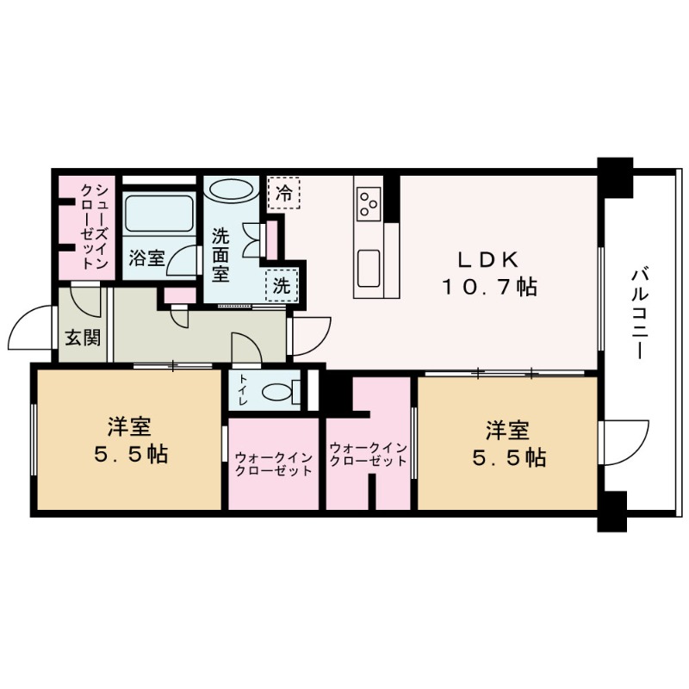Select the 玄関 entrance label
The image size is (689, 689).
tap(82, 336)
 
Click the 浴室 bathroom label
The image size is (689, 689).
tap(146, 258)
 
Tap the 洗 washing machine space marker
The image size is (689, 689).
tap(282, 284)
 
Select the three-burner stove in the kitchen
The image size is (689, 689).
tap(369, 203)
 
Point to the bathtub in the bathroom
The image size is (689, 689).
tap(158, 214)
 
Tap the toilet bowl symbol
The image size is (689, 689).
tap(280, 393)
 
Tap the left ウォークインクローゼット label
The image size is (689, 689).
tap(273, 465)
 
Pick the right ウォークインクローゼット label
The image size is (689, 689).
tap(368, 455)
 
